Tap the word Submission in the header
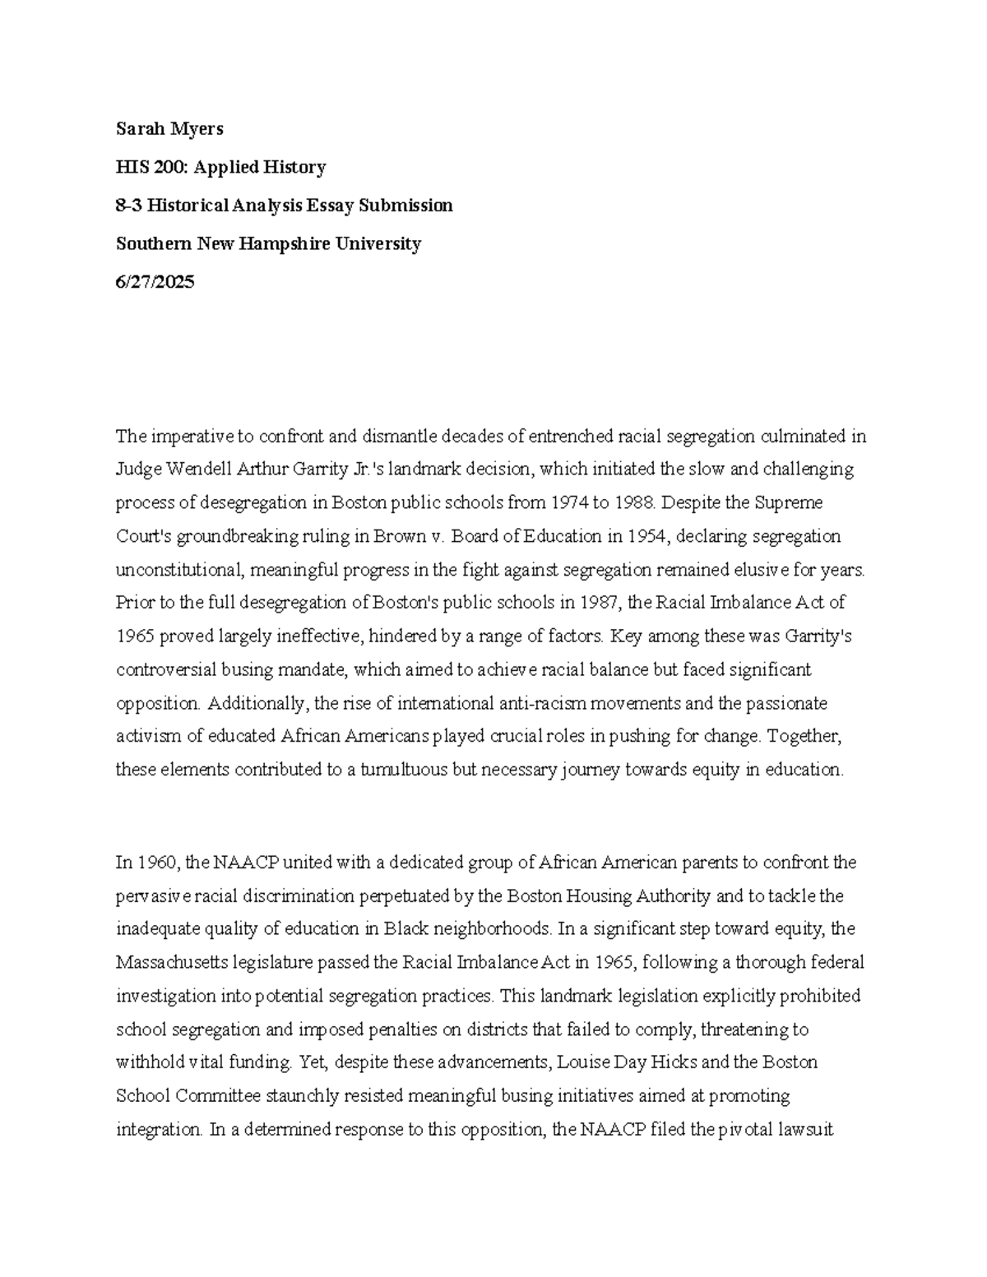411,206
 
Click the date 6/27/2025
155,282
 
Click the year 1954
649,537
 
